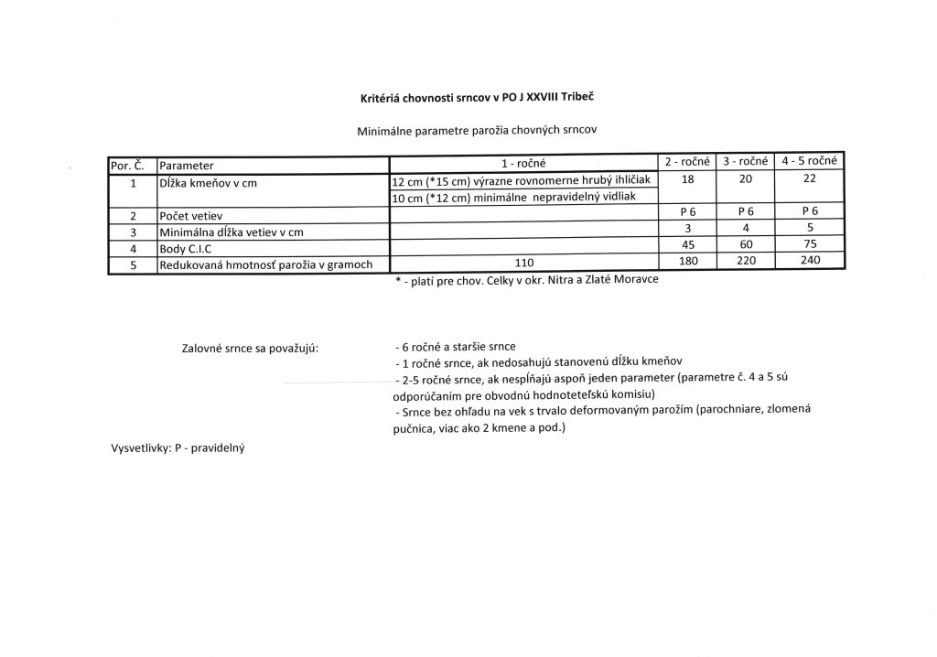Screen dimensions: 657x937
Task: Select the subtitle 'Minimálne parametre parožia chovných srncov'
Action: [x=477, y=131]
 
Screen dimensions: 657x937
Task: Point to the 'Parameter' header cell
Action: [x=187, y=167]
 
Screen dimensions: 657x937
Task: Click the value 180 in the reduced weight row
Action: [x=688, y=261]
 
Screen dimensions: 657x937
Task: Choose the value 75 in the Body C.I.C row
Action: [x=809, y=244]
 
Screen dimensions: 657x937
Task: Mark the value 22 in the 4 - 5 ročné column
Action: [x=809, y=179]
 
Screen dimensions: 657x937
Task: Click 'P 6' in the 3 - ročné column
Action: [x=745, y=212]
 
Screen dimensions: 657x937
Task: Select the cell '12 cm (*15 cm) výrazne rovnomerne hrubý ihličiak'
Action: [x=519, y=182]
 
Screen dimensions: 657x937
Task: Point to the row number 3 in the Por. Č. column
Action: [x=133, y=232]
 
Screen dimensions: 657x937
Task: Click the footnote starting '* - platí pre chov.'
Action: [x=526, y=281]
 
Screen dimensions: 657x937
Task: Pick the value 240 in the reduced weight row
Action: [x=809, y=260]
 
